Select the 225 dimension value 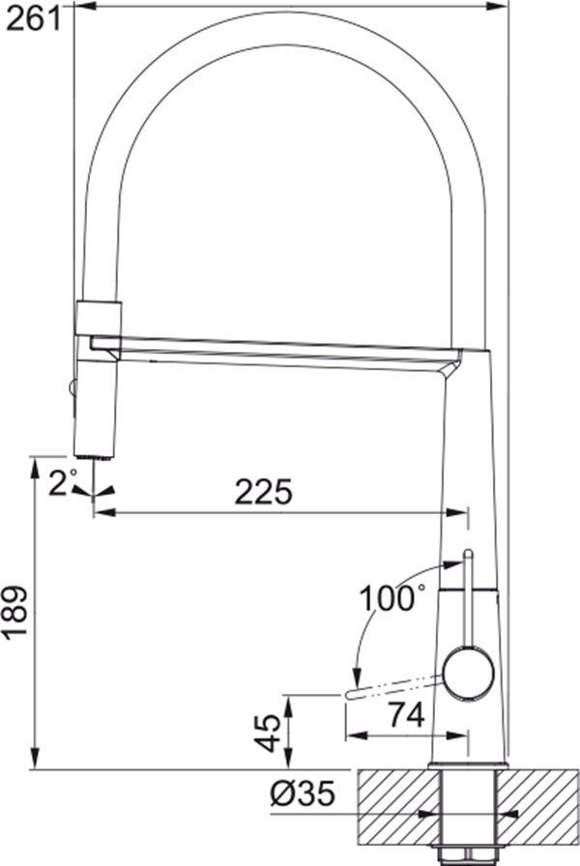tap(263, 492)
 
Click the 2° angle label tap(62, 482)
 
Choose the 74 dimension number tap(406, 715)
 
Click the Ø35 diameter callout tap(304, 794)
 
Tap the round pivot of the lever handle tap(469, 674)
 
